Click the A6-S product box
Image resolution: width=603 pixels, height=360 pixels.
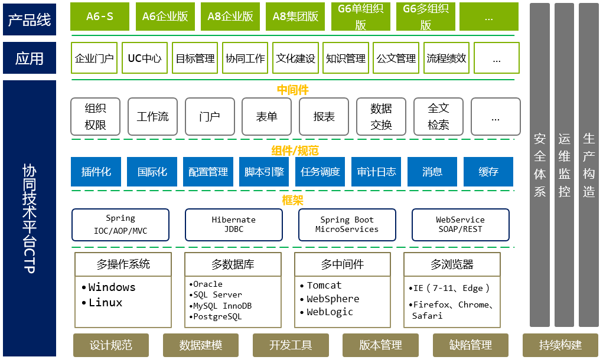(100, 17)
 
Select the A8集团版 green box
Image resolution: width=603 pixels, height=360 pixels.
(295, 17)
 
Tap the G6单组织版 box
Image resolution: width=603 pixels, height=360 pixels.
(360, 17)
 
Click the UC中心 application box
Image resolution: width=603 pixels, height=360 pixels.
(145, 58)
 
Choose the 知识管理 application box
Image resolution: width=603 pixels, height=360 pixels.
(345, 58)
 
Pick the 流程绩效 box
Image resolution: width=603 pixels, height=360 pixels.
(446, 58)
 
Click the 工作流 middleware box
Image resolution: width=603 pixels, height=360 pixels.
(152, 116)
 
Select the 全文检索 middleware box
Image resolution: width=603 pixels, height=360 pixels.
(439, 116)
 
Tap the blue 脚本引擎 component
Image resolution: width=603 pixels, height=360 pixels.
(264, 172)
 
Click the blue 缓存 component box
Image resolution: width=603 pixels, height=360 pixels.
(488, 172)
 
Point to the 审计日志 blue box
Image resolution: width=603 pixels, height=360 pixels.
(376, 172)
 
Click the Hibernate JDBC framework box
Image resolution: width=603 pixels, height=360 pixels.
(233, 224)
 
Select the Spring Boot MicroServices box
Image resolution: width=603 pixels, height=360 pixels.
(347, 224)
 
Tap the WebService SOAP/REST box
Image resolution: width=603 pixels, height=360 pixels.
(460, 224)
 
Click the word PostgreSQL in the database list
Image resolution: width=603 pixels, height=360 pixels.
(217, 317)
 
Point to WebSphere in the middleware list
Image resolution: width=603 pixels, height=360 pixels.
(333, 299)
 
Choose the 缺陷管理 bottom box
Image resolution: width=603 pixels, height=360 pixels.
(470, 345)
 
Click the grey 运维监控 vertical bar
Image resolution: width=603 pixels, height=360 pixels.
(565, 165)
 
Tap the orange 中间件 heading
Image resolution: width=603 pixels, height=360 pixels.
(292, 90)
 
